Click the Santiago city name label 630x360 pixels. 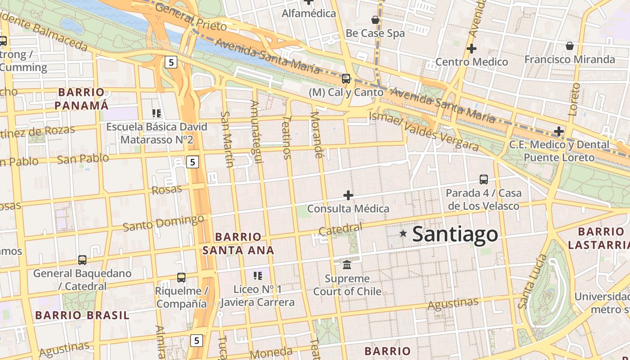[x=455, y=234]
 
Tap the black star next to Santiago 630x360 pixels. [x=403, y=234]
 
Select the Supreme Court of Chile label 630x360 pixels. [x=347, y=285]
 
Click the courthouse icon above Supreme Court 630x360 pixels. [x=347, y=265]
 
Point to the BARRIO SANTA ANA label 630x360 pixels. [x=238, y=243]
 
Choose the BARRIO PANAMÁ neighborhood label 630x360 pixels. [x=81, y=99]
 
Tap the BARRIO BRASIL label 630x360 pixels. [x=82, y=315]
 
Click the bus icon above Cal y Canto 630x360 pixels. [x=346, y=79]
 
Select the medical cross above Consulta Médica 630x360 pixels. [x=348, y=195]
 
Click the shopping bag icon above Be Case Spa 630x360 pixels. [x=375, y=20]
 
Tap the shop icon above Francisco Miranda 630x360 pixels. [x=569, y=46]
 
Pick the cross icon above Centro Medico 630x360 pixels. [x=471, y=49]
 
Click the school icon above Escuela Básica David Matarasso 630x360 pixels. [x=157, y=113]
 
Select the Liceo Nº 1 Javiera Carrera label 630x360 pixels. [x=257, y=296]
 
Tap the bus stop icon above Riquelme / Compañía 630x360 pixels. [x=181, y=278]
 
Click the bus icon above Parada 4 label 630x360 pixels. [x=483, y=180]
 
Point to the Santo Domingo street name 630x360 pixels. [x=163, y=223]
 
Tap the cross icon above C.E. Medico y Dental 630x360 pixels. [x=558, y=131]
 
